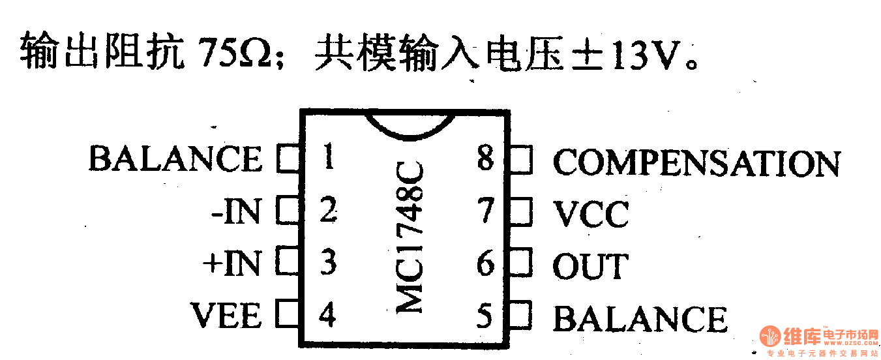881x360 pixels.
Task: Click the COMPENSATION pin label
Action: pos(696,163)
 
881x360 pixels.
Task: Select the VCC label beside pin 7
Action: pos(591,214)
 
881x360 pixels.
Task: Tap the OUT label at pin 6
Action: pos(590,266)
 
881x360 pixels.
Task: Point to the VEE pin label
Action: pos(226,316)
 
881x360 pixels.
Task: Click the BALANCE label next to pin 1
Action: pos(175,159)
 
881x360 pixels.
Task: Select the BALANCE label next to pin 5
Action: pos(640,319)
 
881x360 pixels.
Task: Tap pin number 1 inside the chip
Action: pos(329,157)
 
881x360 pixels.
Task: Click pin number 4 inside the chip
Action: pos(327,316)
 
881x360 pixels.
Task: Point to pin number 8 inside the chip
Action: pos(485,158)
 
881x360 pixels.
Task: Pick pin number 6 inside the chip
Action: pos(485,265)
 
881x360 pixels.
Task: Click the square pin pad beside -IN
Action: pos(286,211)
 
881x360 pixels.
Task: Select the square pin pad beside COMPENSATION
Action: pos(521,160)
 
